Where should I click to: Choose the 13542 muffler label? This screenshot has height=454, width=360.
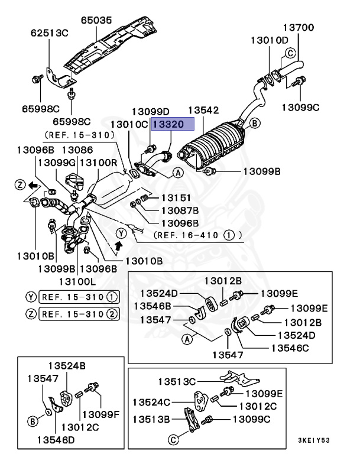[203, 111]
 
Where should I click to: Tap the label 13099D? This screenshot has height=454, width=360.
[150, 111]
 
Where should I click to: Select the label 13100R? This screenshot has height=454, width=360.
[98, 162]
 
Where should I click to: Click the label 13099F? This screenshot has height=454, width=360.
[100, 414]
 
